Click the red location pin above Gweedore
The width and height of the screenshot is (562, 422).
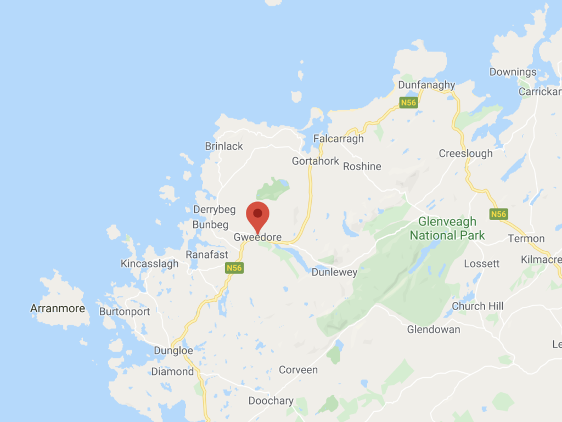(257, 215)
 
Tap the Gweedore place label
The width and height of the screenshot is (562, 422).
(257, 238)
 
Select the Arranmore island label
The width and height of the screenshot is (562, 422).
(58, 308)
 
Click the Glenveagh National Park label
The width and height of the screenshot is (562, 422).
(447, 229)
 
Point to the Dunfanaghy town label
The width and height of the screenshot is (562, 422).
(426, 85)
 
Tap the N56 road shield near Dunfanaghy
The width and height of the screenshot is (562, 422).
(408, 102)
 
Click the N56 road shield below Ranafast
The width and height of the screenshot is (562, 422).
(233, 268)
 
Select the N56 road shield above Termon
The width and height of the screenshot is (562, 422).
(498, 214)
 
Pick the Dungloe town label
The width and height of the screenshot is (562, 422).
(173, 351)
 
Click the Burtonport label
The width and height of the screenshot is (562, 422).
(125, 312)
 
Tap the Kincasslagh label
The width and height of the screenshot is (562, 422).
(149, 264)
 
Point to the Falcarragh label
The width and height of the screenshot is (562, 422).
(338, 139)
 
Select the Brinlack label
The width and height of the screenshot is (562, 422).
(223, 147)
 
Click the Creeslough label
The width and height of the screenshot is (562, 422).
(465, 154)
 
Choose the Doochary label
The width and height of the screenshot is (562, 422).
(271, 401)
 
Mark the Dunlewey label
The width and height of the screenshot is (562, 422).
(334, 272)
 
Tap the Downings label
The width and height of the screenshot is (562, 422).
(513, 72)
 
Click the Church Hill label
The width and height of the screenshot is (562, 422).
(477, 306)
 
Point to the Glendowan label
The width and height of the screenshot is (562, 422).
(434, 330)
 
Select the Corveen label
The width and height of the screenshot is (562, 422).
(298, 370)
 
